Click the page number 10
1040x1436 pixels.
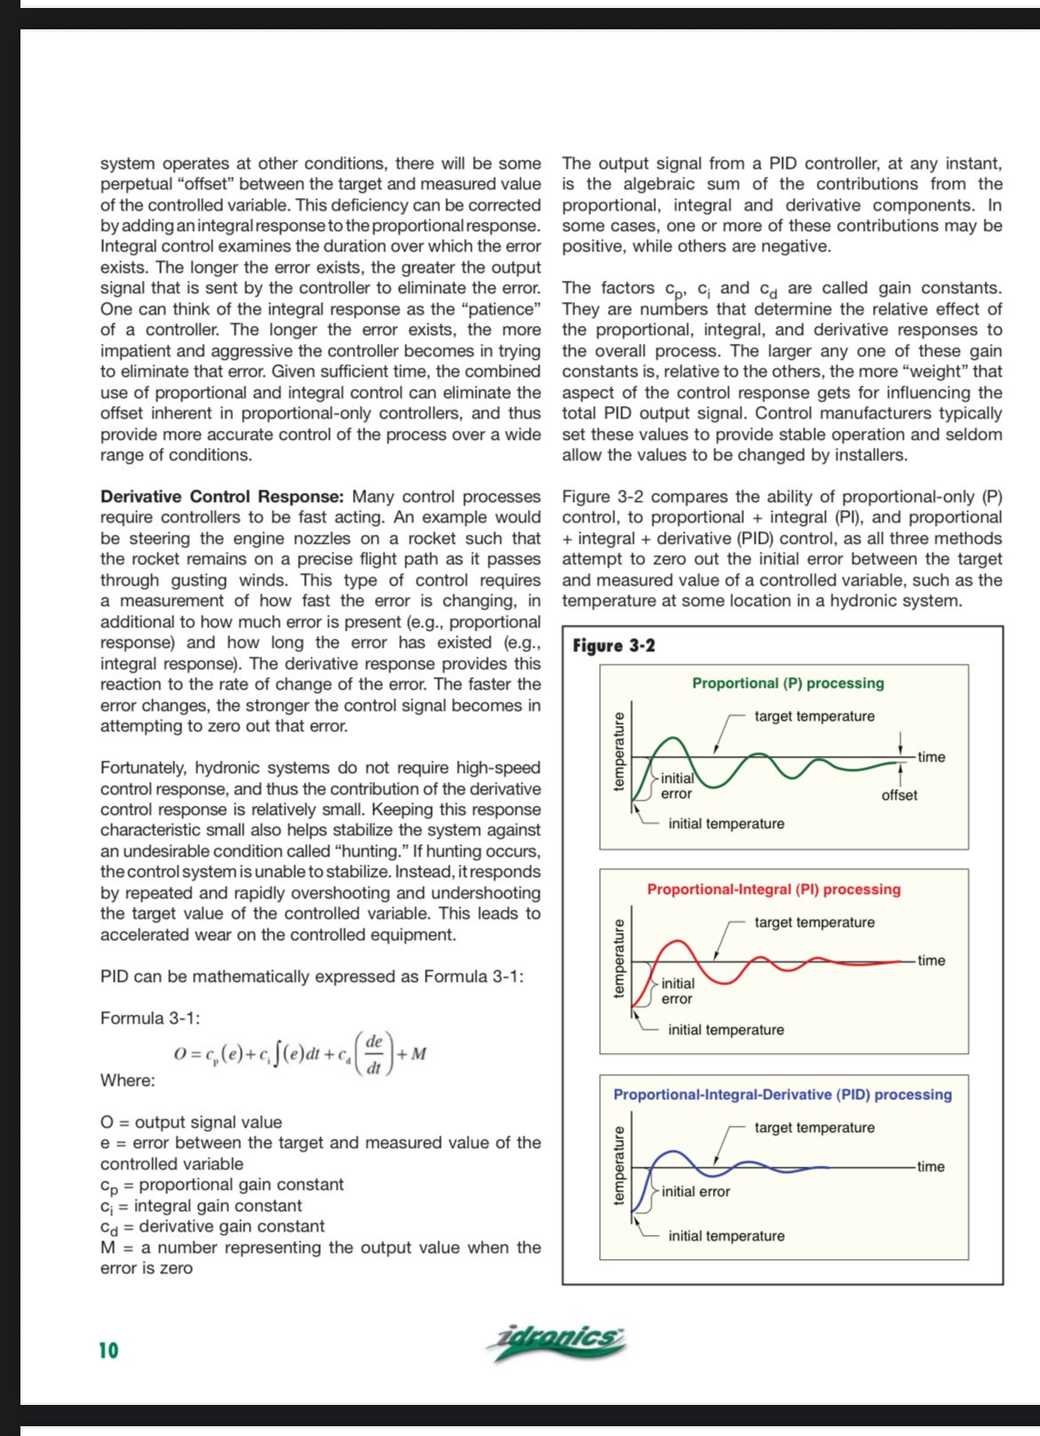pyautogui.click(x=108, y=1350)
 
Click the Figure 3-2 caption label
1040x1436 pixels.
pyautogui.click(x=613, y=646)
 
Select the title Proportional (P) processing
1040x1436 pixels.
pyautogui.click(x=788, y=683)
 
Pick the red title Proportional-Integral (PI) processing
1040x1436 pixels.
pyautogui.click(x=773, y=890)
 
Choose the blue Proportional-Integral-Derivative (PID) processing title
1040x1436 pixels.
pyautogui.click(x=782, y=1095)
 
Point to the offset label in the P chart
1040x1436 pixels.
pyautogui.click(x=899, y=795)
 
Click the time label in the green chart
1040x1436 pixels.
pyautogui.click(x=931, y=757)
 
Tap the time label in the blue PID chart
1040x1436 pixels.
pyautogui.click(x=931, y=1167)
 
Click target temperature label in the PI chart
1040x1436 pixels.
pyautogui.click(x=814, y=922)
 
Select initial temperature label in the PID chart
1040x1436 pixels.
pyautogui.click(x=726, y=1236)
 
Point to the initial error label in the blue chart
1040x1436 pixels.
pyautogui.click(x=695, y=1192)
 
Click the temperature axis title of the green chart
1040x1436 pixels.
pyautogui.click(x=620, y=751)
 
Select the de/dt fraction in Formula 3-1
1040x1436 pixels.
pyautogui.click(x=373, y=1054)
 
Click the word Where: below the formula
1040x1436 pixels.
pyautogui.click(x=127, y=1081)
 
